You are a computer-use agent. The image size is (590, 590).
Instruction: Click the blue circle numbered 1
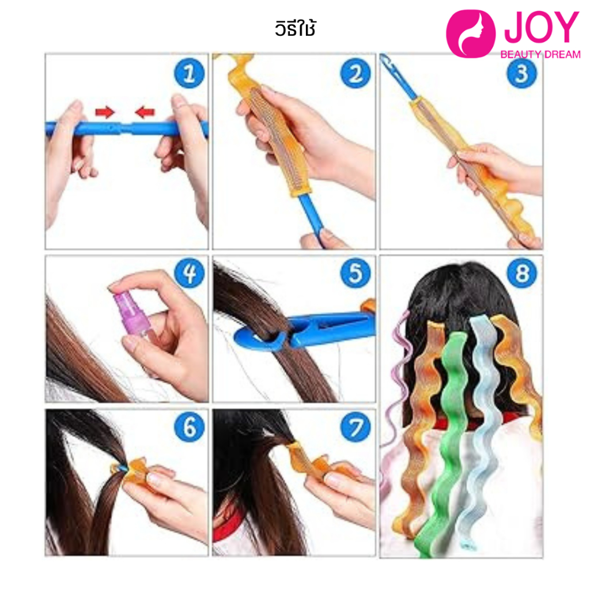click(189, 73)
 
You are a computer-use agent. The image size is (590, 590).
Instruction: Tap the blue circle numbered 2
click(355, 73)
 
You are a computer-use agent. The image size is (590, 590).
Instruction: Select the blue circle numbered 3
click(521, 73)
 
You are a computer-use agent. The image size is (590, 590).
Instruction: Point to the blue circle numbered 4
click(189, 273)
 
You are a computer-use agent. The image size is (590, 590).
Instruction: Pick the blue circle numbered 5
click(355, 273)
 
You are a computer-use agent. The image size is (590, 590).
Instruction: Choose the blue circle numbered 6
click(189, 427)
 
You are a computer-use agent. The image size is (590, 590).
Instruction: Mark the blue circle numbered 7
click(355, 427)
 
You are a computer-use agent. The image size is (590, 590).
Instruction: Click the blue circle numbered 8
click(521, 273)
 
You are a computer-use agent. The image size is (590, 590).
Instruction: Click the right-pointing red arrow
click(105, 112)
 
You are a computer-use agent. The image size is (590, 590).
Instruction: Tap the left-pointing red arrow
click(145, 112)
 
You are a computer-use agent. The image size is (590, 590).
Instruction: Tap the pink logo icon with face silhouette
click(470, 33)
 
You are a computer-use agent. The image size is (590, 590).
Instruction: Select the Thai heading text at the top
click(295, 28)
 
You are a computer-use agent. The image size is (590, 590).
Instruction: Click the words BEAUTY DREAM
click(540, 55)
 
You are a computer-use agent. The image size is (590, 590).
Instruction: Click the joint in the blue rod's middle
click(126, 128)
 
